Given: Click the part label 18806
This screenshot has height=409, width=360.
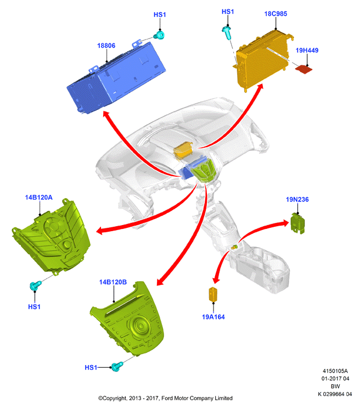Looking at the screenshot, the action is [106, 46].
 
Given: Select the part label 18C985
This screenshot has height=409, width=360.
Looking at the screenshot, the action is [275, 14].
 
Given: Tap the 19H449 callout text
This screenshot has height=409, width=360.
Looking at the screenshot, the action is [307, 51].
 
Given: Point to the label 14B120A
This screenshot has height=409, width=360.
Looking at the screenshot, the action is [38, 198].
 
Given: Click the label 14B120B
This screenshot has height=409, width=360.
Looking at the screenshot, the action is [113, 282].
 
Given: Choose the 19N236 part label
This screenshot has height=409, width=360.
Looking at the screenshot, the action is [297, 199].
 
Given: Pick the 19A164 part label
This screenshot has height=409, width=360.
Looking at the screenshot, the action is [213, 317].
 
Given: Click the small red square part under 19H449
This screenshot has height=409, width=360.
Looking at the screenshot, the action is [303, 69].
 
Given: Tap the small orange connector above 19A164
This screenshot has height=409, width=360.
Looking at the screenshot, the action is [213, 294].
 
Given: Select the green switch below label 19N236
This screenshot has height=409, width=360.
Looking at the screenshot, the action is [297, 223].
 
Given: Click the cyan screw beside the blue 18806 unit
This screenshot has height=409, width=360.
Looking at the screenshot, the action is [159, 35].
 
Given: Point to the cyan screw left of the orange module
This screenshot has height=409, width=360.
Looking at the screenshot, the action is [227, 32].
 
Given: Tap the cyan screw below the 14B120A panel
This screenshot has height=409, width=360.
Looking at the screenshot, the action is [36, 285].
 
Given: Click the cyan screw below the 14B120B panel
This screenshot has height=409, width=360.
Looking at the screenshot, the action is [117, 367].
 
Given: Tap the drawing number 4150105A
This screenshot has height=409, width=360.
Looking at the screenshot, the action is [335, 371].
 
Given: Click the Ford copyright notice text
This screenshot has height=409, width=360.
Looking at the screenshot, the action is [165, 399].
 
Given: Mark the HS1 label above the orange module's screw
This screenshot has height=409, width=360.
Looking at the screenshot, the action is [228, 12].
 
